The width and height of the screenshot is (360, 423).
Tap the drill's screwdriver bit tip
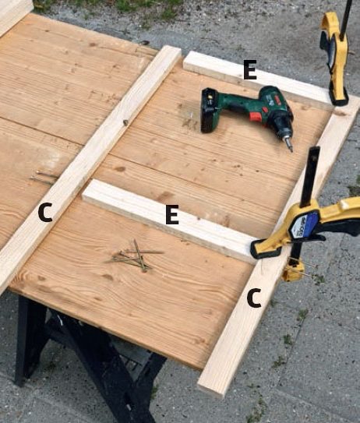tap(291, 151)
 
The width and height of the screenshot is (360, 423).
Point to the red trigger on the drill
tap(255, 117)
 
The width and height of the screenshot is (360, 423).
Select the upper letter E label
tap(250, 69)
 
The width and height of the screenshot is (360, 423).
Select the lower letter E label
tap(172, 214)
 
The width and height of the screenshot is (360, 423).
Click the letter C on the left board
tap(45, 213)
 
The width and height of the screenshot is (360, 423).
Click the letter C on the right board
tap(254, 298)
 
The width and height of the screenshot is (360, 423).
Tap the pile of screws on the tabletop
tap(134, 256)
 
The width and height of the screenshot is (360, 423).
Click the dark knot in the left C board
tap(125, 123)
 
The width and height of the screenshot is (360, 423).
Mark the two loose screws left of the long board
tap(43, 176)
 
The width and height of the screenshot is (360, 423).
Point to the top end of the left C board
tap(171, 51)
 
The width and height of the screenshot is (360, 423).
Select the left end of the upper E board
tap(189, 61)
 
